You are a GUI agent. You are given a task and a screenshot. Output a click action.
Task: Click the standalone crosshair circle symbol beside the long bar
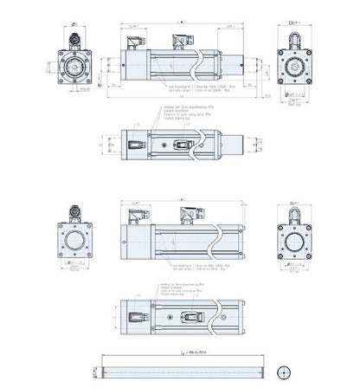coord(281,372)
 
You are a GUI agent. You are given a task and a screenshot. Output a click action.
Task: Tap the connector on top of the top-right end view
coord(296,35)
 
